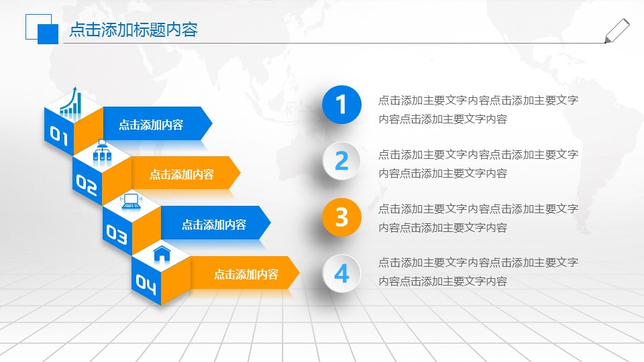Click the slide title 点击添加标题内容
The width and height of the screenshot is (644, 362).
[x=133, y=30]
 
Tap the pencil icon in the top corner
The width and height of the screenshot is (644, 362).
[x=616, y=31]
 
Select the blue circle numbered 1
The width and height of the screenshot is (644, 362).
[x=342, y=105]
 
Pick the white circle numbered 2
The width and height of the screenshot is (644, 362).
[x=342, y=161]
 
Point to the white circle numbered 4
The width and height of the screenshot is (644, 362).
[x=342, y=274]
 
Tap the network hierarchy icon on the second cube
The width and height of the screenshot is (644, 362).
[x=102, y=152]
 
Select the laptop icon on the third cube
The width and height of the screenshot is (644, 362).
[x=131, y=201]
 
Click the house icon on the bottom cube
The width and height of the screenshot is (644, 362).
[x=162, y=253]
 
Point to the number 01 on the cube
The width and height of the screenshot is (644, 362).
[x=58, y=137]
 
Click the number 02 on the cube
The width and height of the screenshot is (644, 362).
[x=87, y=184]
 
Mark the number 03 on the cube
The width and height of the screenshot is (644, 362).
[x=117, y=234]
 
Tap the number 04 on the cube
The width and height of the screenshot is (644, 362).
[x=146, y=284]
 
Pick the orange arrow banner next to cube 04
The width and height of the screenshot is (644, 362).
[x=245, y=274]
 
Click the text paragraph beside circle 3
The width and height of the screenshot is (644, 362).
[x=478, y=218]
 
